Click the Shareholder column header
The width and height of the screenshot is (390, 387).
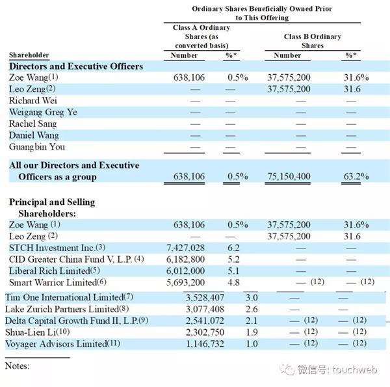[29, 55]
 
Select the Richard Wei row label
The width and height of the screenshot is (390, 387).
[33, 101]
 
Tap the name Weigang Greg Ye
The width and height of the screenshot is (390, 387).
[43, 113]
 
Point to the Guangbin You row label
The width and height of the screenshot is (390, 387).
[37, 147]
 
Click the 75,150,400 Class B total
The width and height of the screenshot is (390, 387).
[289, 176]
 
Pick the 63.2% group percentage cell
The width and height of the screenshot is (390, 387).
[356, 176]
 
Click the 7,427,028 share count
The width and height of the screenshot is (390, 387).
[185, 248]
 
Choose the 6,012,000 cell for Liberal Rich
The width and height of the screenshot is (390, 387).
[185, 271]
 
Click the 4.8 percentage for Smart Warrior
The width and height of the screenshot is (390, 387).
[233, 282]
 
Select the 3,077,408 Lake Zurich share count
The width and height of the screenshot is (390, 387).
[205, 309]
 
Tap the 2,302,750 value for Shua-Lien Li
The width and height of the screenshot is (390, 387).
[205, 332]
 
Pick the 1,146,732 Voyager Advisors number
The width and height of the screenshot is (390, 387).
[205, 344]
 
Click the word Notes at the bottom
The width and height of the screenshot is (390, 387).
[17, 366]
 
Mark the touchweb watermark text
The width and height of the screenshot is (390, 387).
[355, 370]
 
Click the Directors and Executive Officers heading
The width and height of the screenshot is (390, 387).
[76, 66]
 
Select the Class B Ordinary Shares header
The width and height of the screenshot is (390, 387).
[313, 41]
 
